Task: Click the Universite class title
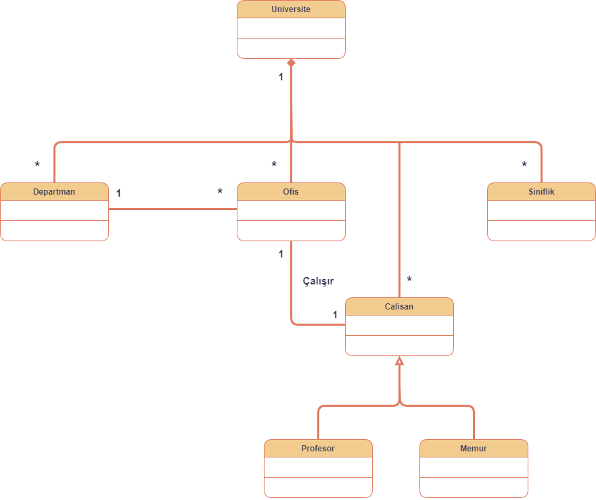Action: [x=291, y=9]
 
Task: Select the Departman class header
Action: [x=54, y=192]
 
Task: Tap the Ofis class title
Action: [x=291, y=192]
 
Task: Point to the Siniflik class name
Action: [x=541, y=192]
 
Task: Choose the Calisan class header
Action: [x=399, y=307]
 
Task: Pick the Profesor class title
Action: [x=318, y=449]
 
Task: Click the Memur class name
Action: [x=474, y=449]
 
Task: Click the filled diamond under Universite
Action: [x=291, y=63]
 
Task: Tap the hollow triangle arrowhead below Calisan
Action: [x=399, y=361]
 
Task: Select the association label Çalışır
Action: [x=318, y=281]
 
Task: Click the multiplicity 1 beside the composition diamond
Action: [x=281, y=77]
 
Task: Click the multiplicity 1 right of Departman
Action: [x=118, y=193]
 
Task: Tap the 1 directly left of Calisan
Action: [x=335, y=315]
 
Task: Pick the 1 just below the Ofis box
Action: [x=281, y=254]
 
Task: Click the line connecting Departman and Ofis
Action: [x=173, y=209]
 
